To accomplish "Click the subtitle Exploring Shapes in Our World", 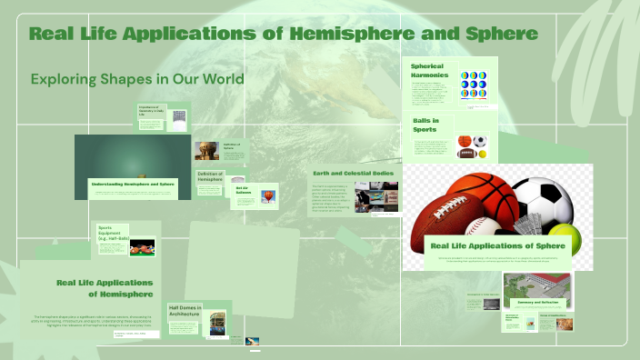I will pyautogui.click(x=137, y=79).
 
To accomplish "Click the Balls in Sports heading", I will pyautogui.click(x=426, y=125).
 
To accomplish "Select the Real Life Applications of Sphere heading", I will pyautogui.click(x=492, y=245).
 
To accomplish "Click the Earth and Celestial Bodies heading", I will pyautogui.click(x=353, y=173).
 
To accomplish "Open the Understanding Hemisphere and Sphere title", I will pyautogui.click(x=133, y=184).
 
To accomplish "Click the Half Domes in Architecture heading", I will pyautogui.click(x=186, y=312).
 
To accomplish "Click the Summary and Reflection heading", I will pyautogui.click(x=536, y=302).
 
